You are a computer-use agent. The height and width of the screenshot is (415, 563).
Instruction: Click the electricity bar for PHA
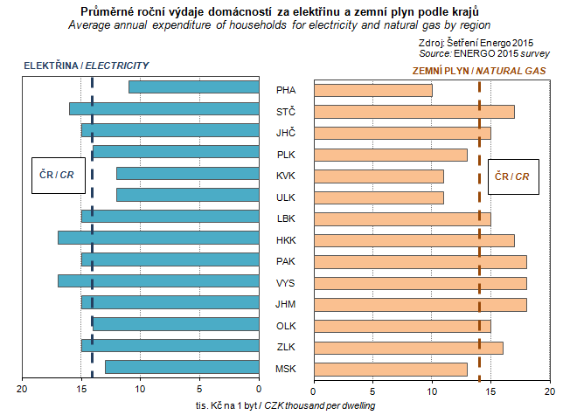point(194,86)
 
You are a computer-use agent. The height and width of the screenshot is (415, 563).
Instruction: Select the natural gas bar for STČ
point(414,111)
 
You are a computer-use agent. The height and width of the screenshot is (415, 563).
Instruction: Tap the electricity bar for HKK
point(158,238)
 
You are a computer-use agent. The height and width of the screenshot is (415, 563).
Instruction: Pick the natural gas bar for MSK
point(390,368)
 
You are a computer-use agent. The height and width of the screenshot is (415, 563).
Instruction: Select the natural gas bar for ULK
point(379,197)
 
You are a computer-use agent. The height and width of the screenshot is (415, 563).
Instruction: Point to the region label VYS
point(285,281)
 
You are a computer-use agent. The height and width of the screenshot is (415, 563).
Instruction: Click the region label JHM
point(285,303)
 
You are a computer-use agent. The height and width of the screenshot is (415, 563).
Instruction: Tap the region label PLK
point(285,154)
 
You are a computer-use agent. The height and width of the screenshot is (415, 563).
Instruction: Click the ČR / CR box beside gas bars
point(512,176)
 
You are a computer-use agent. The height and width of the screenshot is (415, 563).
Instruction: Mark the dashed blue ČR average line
point(92,262)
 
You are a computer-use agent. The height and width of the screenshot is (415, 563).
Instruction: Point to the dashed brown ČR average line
point(479,262)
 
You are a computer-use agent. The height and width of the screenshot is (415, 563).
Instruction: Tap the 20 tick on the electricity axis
point(23,390)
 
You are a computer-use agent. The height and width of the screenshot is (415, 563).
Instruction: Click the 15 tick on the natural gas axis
point(490,390)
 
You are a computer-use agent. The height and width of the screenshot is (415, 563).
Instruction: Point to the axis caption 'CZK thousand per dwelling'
point(318,405)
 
